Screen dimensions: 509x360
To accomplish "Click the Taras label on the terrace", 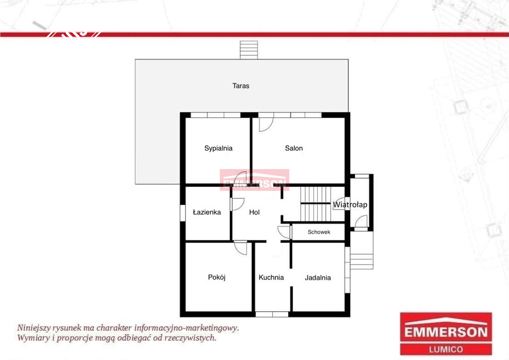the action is [x=241, y=86].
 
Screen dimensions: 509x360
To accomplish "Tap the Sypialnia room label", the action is [x=218, y=148].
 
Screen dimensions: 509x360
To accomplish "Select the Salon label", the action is [x=294, y=148].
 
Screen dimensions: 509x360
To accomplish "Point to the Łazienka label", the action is [x=207, y=212].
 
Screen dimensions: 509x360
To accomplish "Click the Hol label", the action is [x=254, y=212].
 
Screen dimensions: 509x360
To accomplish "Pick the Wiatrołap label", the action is [x=350, y=205].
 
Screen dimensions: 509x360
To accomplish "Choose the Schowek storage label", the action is [x=319, y=232].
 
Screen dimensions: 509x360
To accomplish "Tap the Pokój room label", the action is [x=217, y=277].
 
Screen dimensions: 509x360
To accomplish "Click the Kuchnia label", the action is [x=271, y=277].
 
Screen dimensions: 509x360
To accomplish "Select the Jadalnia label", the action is [x=318, y=277].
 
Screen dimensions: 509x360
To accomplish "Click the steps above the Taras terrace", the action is [x=249, y=50].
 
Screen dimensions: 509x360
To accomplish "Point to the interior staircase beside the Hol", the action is [x=315, y=204].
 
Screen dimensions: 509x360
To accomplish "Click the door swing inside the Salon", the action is [x=266, y=125].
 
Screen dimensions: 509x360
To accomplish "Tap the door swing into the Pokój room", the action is [x=241, y=248].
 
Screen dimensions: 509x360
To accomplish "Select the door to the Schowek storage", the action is [x=285, y=232].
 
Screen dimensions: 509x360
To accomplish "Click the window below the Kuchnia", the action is [x=272, y=314].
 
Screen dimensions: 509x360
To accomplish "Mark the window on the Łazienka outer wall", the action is [x=183, y=213].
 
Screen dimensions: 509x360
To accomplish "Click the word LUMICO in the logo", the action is [x=446, y=350].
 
